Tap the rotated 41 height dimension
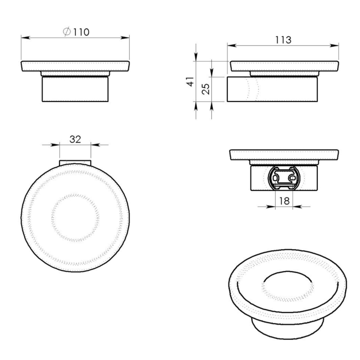tap(190, 81)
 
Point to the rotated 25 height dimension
tap(205, 88)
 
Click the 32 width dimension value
tap(75, 139)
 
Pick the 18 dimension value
tap(284, 201)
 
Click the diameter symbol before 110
tap(67, 32)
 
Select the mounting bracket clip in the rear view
tap(284, 177)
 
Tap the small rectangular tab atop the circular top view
tap(75, 162)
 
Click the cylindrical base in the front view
tap(75, 89)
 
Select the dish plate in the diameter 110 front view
tap(75, 66)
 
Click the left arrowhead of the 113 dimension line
tap(230, 45)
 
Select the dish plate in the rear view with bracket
tap(284, 155)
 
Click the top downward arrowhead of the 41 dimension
tap(196, 58)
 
